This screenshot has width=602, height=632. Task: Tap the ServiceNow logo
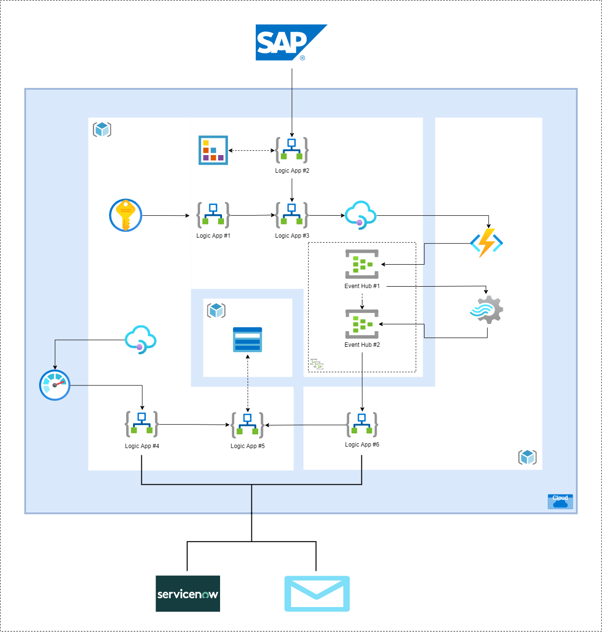coord(188,593)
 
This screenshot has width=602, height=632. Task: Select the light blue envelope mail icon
coord(317,593)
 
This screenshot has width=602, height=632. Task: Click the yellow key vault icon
coord(126,215)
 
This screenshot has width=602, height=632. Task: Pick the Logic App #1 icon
coord(213,215)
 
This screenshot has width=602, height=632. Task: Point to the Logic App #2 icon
coord(292,150)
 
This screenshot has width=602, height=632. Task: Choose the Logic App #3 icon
coord(292,215)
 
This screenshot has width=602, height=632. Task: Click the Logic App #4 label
coord(142,446)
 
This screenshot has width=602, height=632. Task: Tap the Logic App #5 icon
coord(247,425)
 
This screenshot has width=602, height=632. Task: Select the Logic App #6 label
coord(362,445)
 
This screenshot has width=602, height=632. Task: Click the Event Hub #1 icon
coord(362,264)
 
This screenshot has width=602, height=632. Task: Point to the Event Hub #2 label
coord(362,345)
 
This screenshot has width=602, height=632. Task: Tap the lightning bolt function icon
coord(487,243)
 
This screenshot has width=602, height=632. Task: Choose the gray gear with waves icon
coord(487,310)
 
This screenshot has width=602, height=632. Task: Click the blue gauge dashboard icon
coord(55,385)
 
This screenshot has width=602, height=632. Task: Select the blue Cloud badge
coord(560,501)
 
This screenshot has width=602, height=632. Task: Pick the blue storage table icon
coord(247,339)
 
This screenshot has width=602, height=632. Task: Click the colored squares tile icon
coord(213,150)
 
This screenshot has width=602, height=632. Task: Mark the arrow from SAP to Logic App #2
coord(292,103)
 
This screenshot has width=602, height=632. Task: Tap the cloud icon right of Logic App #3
coord(360,215)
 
